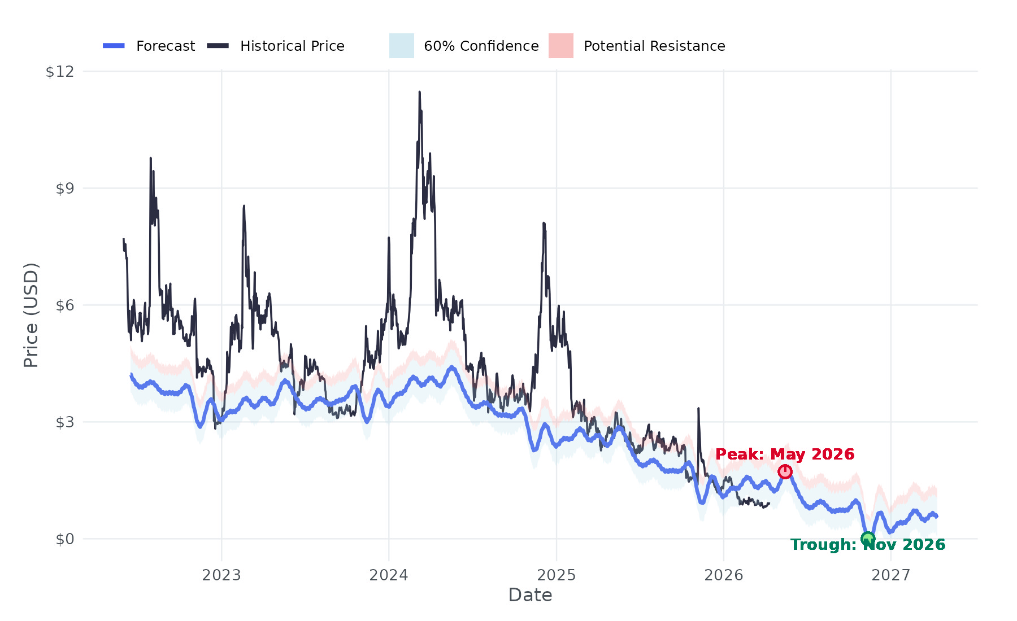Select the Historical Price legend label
point(292,46)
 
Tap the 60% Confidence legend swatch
point(402,46)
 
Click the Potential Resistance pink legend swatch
point(560,46)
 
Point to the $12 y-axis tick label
point(60,72)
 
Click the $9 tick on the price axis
point(64,189)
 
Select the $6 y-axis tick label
point(64,305)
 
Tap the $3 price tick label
point(64,422)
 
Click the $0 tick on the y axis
point(64,539)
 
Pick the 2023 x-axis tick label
point(221,575)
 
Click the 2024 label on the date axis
point(389,575)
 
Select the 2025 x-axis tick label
point(557,575)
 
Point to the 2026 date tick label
point(724,575)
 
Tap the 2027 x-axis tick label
point(891,575)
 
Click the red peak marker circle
point(785,471)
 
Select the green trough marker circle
point(868,539)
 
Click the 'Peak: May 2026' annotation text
point(785,454)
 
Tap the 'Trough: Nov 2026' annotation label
point(868,545)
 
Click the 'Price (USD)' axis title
point(31,315)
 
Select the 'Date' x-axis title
point(530,595)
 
